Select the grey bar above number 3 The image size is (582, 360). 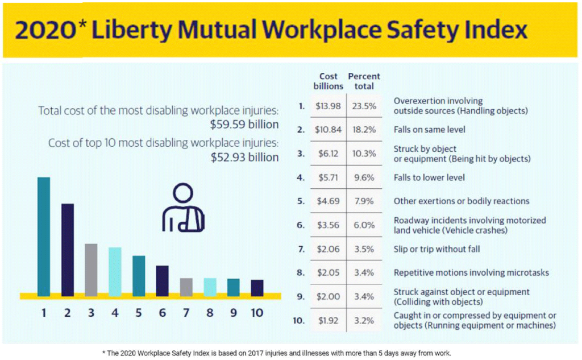coord(91,268)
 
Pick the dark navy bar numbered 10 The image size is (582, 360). coord(257,287)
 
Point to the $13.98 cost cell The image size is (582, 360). coord(328,106)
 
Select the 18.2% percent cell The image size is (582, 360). coord(364,130)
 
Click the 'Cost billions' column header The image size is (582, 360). coord(328,81)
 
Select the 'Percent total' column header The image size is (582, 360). coord(364,81)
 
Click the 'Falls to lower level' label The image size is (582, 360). coord(429,177)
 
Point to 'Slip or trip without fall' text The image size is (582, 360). coord(436,249)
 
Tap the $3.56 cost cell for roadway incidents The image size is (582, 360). coord(328,225)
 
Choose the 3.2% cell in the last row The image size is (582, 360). coord(364,321)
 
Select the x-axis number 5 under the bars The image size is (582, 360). coord(138,312)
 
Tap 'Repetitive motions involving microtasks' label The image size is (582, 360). coord(471,273)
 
